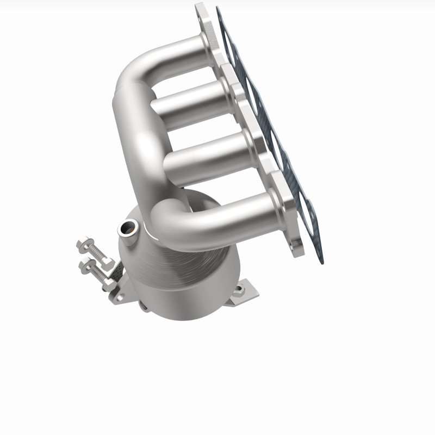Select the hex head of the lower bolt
(x=85, y=266)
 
